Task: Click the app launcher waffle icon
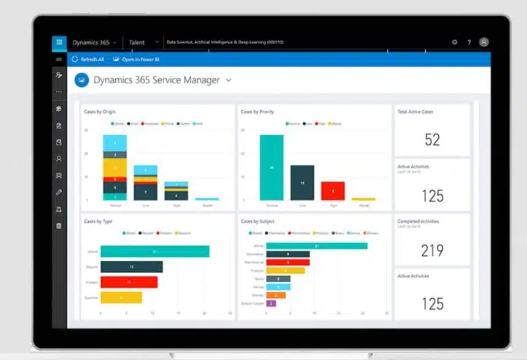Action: (59, 42)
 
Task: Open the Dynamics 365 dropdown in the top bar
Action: (94, 43)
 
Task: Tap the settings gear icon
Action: (455, 42)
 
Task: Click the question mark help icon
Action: (469, 42)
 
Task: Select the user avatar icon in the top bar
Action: (484, 42)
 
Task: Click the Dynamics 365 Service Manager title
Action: (156, 80)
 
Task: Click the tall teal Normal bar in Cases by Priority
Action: (271, 167)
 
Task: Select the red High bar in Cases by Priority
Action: (333, 190)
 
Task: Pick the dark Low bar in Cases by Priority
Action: (302, 182)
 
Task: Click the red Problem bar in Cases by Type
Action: (129, 282)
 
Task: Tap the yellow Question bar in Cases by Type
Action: (121, 298)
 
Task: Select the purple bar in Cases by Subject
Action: (271, 303)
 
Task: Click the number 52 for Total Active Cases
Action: (432, 140)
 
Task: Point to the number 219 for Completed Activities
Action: (432, 250)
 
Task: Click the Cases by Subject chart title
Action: (258, 221)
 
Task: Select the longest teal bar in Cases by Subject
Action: (317, 246)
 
